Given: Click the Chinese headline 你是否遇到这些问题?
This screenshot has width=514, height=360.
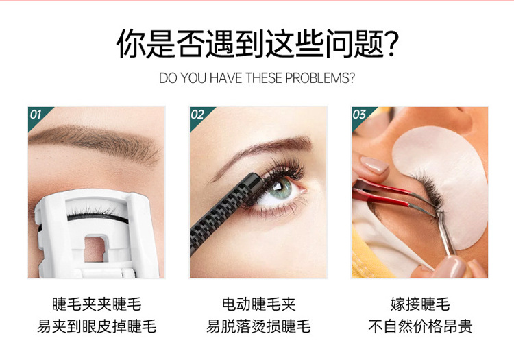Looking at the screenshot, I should pyautogui.click(x=257, y=43).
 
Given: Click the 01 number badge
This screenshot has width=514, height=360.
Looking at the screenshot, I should pyautogui.click(x=36, y=115).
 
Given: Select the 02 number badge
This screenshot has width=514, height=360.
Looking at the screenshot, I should pyautogui.click(x=198, y=115).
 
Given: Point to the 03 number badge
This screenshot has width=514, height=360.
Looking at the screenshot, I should pyautogui.click(x=360, y=115).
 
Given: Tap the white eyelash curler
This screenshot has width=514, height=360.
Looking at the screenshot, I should pyautogui.click(x=96, y=233).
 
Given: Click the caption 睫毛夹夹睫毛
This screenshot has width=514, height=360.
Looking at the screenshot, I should pyautogui.click(x=97, y=304).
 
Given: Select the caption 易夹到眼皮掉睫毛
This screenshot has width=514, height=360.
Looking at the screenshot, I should pyautogui.click(x=97, y=326).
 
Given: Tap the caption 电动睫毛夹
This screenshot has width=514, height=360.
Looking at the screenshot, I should pyautogui.click(x=258, y=304).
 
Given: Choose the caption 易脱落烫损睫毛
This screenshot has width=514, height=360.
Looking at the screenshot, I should pyautogui.click(x=258, y=326).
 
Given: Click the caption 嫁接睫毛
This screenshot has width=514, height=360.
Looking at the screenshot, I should pyautogui.click(x=420, y=304).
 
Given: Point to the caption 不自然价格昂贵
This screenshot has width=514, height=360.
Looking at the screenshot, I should pyautogui.click(x=420, y=326).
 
